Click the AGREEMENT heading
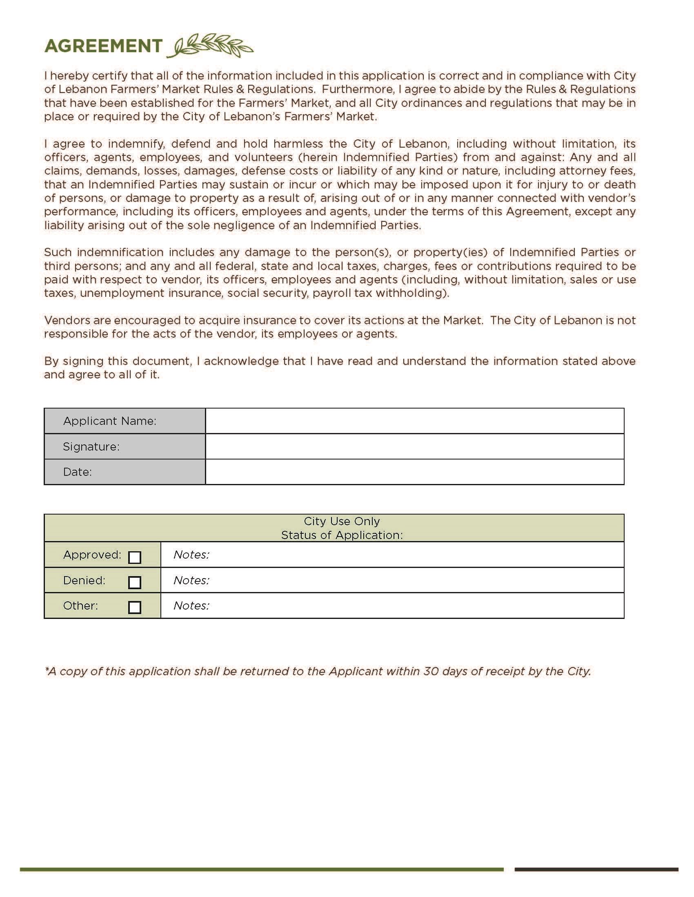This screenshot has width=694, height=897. [x=103, y=46]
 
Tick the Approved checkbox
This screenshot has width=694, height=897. [x=134, y=557]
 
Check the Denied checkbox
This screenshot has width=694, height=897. [x=134, y=582]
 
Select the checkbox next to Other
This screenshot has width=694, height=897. [x=134, y=608]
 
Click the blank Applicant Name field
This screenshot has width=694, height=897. [x=414, y=421]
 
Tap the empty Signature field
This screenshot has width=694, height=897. [x=414, y=446]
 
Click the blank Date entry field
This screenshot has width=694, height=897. [x=414, y=472]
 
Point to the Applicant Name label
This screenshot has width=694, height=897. [x=109, y=421]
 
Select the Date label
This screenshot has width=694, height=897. [x=77, y=472]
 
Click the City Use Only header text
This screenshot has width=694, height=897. [x=341, y=521]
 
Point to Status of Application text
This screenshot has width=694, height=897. [x=341, y=535]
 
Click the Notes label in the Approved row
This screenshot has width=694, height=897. [x=191, y=555]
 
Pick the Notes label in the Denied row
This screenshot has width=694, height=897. [x=191, y=580]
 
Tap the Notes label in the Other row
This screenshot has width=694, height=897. [x=191, y=605]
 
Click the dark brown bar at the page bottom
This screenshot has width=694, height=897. [x=596, y=869]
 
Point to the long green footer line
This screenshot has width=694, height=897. [x=262, y=869]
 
